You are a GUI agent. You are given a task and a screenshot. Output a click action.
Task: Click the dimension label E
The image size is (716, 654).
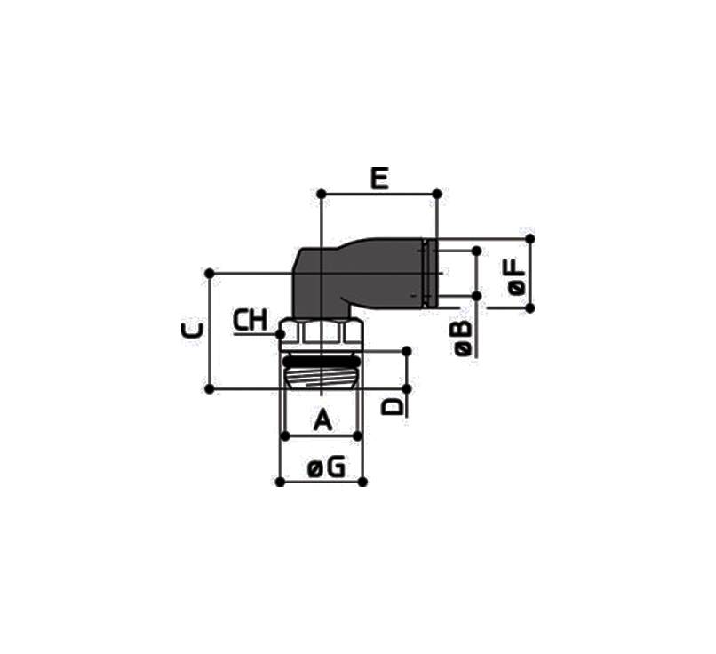pyautogui.click(x=379, y=178)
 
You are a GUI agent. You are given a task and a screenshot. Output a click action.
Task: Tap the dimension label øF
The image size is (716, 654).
pyautogui.click(x=516, y=276)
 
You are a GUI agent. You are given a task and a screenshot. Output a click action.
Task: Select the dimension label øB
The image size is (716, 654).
pyautogui.click(x=463, y=338)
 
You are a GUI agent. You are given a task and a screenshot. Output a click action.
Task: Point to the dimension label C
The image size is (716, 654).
pyautogui.click(x=192, y=331)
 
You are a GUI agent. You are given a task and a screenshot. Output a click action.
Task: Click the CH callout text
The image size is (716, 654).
pyautogui.click(x=251, y=320)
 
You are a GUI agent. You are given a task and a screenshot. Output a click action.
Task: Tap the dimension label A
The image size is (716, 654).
pyautogui.click(x=322, y=419)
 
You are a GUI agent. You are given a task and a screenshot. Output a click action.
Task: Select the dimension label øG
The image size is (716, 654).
pyautogui.click(x=326, y=467)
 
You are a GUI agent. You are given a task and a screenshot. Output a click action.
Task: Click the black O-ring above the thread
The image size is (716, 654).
pyautogui.click(x=321, y=362)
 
